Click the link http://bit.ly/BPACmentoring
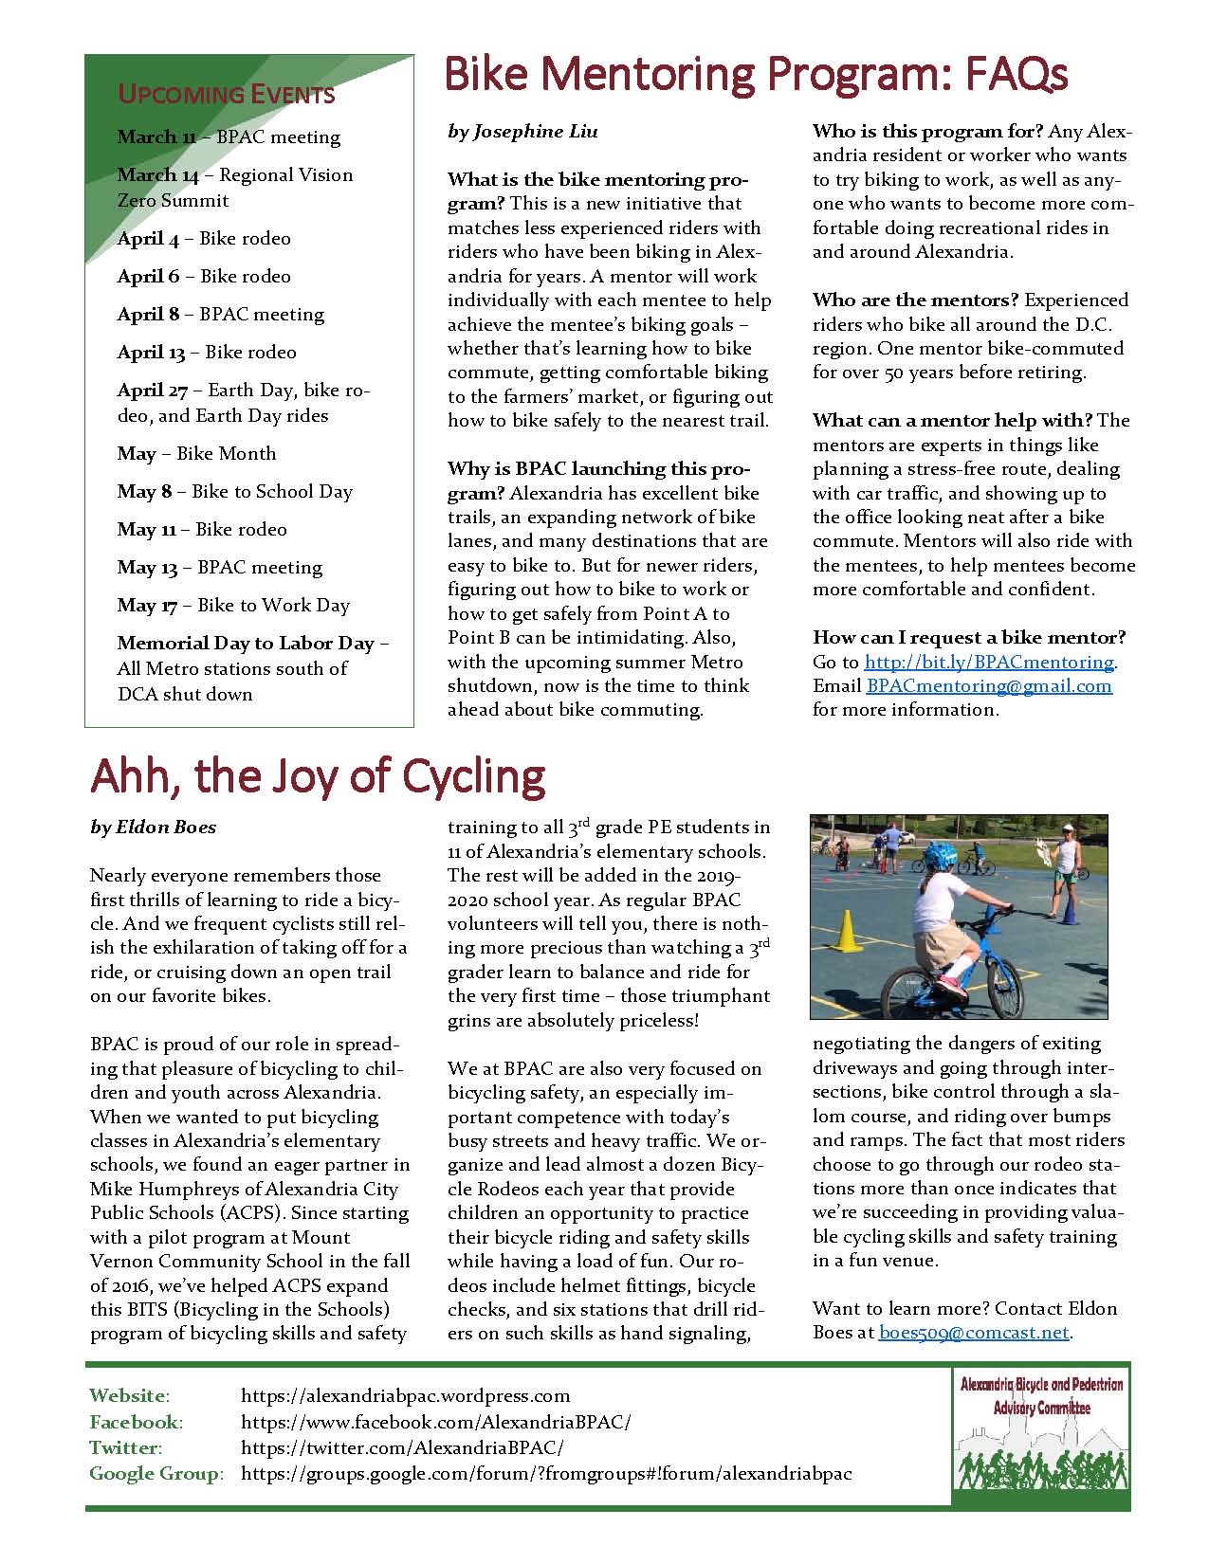pyautogui.click(x=989, y=662)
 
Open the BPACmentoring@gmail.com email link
pyautogui.click(x=988, y=685)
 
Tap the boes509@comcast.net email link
pyautogui.click(x=974, y=1332)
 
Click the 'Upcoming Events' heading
pyautogui.click(x=226, y=94)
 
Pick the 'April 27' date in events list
pyautogui.click(x=153, y=390)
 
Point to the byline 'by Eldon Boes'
pyautogui.click(x=154, y=827)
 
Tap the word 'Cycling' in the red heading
pyautogui.click(x=474, y=775)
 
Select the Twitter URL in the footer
pyautogui.click(x=402, y=1447)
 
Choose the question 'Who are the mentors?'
pyautogui.click(x=915, y=300)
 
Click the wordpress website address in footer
pyautogui.click(x=406, y=1395)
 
